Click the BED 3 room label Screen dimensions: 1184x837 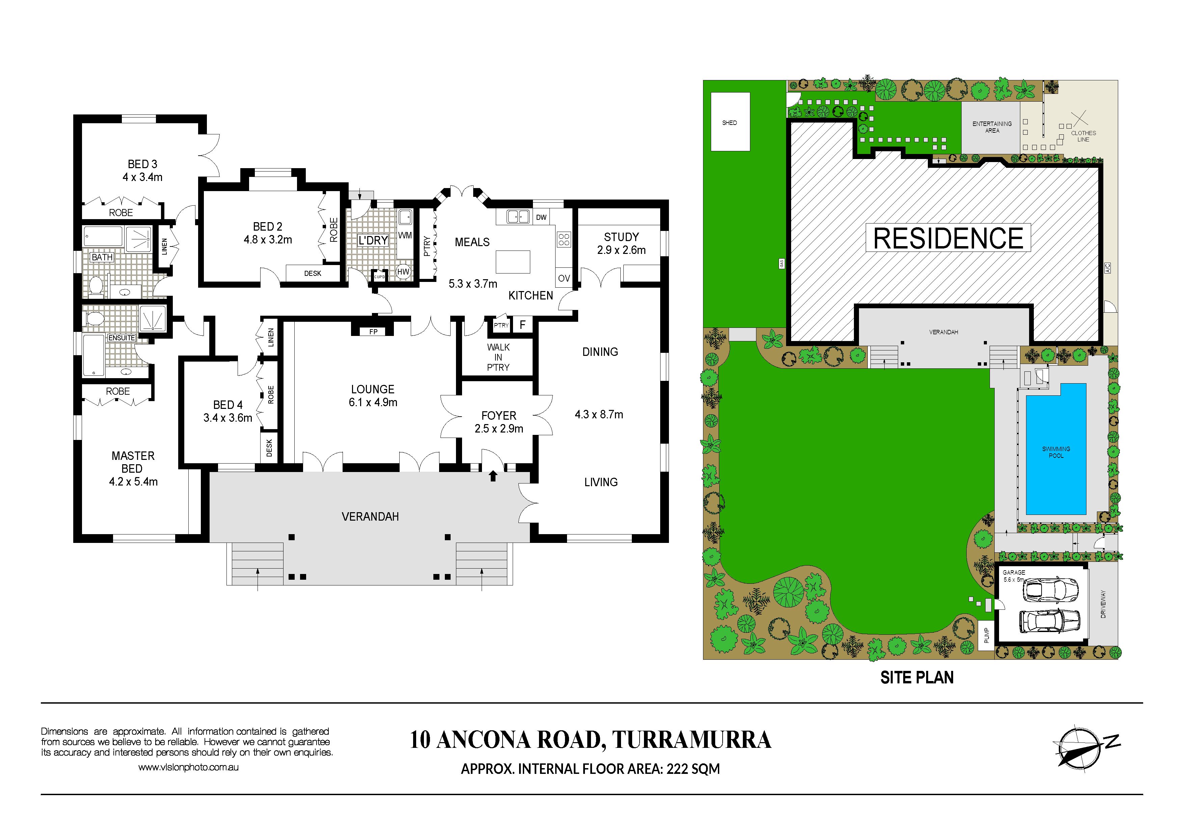tap(142, 164)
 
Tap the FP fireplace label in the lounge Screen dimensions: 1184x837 tap(373, 332)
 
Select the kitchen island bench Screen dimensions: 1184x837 tap(513, 261)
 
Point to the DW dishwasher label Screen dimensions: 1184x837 tap(541, 217)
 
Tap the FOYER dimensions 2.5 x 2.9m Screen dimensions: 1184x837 tap(499, 428)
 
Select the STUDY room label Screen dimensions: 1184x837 tap(621, 237)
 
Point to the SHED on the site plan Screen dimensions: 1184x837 tap(730, 122)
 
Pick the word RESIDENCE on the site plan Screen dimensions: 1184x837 tap(948, 238)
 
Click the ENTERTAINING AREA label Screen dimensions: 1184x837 tap(992, 127)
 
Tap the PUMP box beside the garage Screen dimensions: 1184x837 tap(987, 635)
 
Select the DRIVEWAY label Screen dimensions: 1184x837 tap(1103, 604)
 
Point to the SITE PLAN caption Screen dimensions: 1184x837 tap(917, 678)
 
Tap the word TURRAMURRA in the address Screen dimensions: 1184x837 tap(692, 739)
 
